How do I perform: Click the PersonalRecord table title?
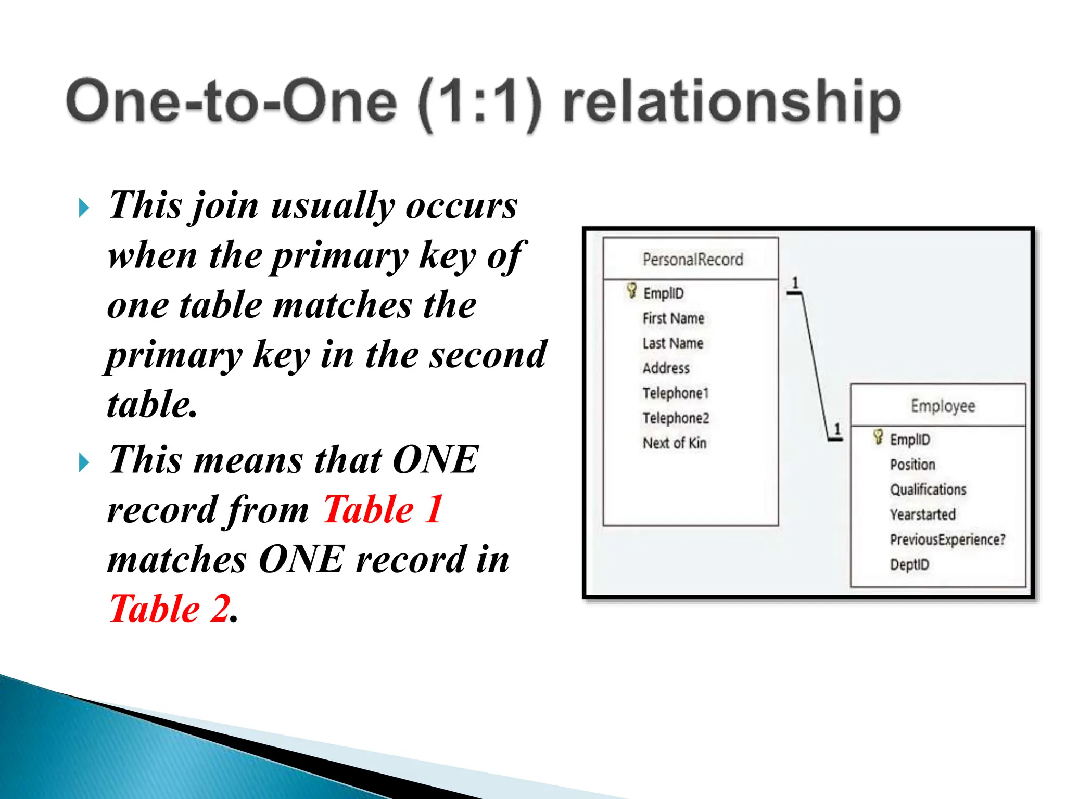692,259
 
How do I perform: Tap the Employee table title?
943,406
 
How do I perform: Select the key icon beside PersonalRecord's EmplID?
631,291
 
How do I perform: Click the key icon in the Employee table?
878,437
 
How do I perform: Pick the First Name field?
673,318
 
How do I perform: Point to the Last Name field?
672,343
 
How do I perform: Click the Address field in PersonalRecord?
666,368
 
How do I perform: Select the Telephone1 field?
676,393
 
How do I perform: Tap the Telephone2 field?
676,418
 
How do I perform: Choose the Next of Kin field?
674,443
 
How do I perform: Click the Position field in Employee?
912,465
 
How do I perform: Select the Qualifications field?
928,489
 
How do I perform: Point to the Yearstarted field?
922,514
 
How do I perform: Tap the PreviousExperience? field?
947,539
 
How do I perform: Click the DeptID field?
909,564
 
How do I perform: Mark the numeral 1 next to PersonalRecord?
795,283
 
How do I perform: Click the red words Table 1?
383,509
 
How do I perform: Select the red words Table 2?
170,608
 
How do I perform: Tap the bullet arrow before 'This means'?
84,462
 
